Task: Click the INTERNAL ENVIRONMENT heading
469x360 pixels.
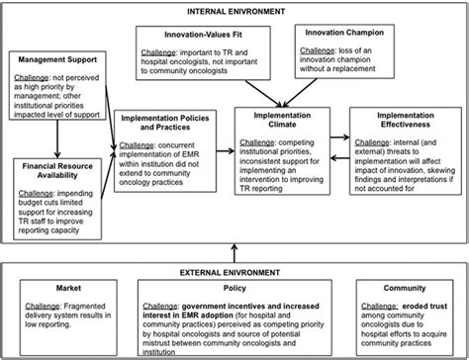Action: (234, 11)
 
